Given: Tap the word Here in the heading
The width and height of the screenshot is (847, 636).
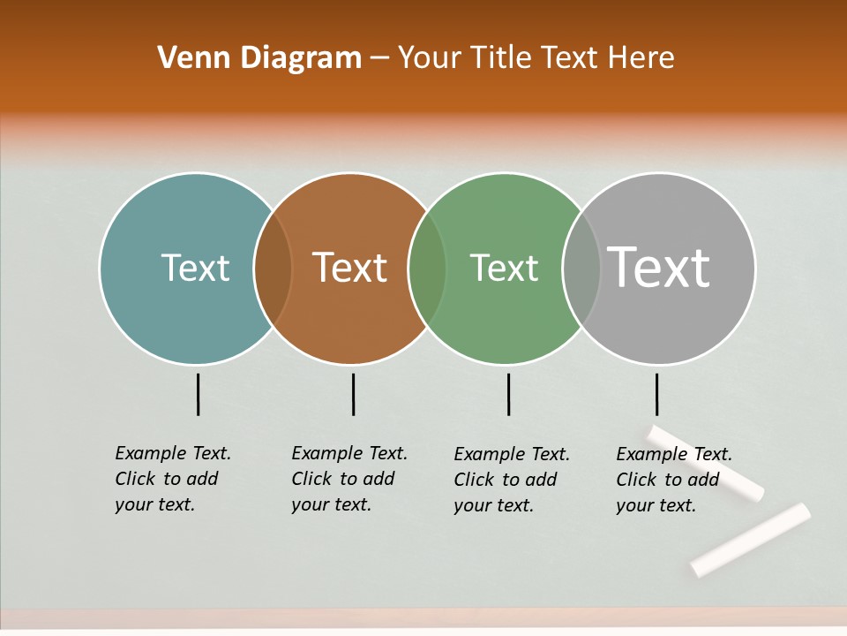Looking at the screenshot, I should (x=641, y=58).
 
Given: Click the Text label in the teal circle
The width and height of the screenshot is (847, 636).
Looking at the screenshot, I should (x=195, y=268).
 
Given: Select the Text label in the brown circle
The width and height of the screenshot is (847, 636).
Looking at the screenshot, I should (x=349, y=268).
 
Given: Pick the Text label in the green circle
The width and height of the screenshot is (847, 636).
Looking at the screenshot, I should (x=504, y=268).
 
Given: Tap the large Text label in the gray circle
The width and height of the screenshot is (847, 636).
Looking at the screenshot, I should (x=659, y=268).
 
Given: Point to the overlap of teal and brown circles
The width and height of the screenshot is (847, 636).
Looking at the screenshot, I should (x=273, y=269).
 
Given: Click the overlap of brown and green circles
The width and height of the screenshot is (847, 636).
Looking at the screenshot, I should (x=427, y=269).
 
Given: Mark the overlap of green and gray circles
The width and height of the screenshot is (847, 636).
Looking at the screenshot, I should (x=581, y=269).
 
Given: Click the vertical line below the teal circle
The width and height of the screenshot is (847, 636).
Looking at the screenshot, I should (x=198, y=394).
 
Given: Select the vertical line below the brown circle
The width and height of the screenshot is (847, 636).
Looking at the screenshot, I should (x=353, y=394).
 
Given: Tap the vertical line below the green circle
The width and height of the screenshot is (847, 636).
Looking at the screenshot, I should (x=508, y=394).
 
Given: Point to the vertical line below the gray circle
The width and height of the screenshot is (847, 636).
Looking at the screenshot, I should (x=656, y=394).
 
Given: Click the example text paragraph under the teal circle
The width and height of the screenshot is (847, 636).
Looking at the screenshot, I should (x=172, y=479).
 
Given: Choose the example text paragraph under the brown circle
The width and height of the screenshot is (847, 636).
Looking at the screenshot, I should (x=349, y=479).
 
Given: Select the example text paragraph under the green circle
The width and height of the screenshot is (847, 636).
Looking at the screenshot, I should (x=511, y=480).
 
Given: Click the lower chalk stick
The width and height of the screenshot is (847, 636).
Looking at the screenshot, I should (x=750, y=539).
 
